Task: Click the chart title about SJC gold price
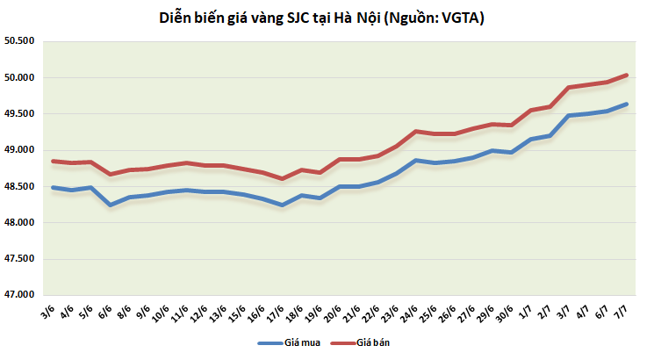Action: [x=323, y=18]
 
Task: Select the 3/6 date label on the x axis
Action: [x=50, y=312]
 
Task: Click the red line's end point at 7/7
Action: [x=627, y=75]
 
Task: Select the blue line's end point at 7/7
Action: [x=627, y=104]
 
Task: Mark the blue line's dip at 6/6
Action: [x=111, y=205]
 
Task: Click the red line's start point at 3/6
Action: [x=54, y=161]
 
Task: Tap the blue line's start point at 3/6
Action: [x=54, y=187]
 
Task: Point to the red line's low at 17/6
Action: [x=282, y=178]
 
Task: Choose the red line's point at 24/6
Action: [x=415, y=131]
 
